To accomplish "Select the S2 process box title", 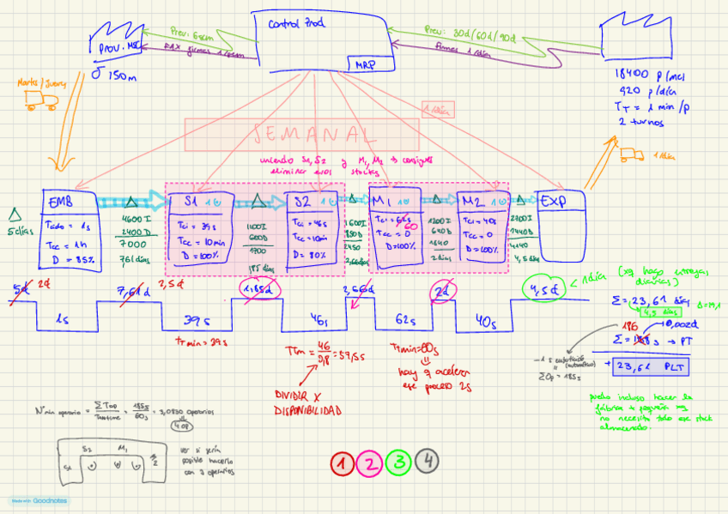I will click(x=302, y=202).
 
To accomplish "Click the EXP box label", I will click(x=554, y=203).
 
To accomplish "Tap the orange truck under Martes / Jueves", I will click(x=39, y=102).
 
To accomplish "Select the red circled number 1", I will click(x=343, y=463).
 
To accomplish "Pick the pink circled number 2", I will click(x=370, y=463).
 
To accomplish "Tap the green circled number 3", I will click(x=398, y=463).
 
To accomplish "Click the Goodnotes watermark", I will click(x=39, y=500).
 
